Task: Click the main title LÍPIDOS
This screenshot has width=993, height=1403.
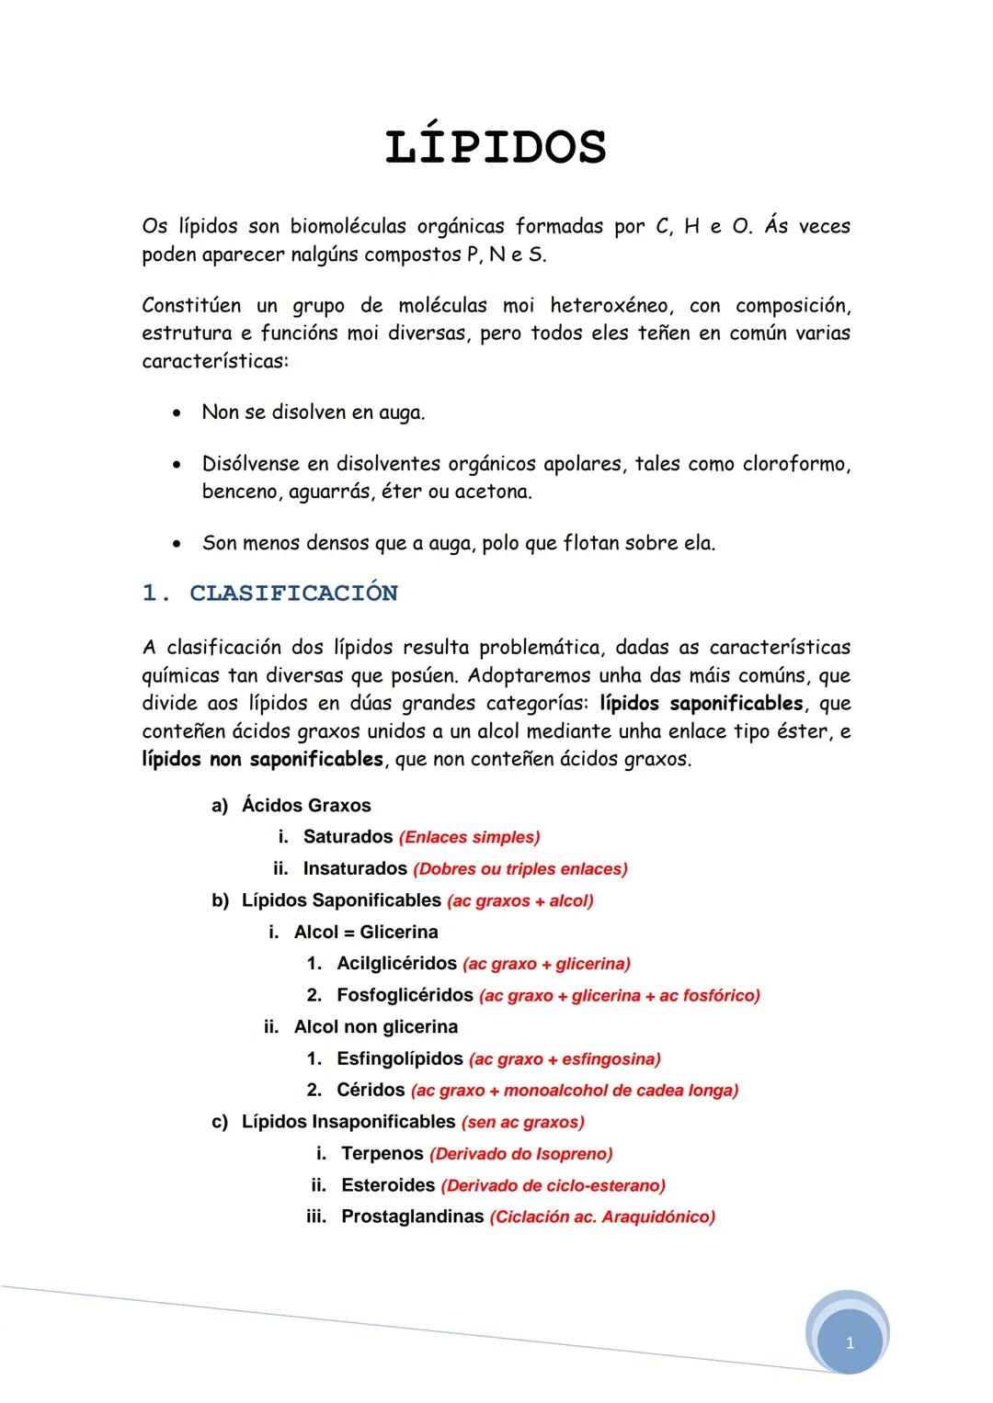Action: tap(496, 148)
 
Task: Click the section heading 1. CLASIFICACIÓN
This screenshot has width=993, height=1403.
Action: tap(269, 594)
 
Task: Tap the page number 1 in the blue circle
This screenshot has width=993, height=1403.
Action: tap(850, 1343)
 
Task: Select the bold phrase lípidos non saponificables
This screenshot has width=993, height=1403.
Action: tap(262, 760)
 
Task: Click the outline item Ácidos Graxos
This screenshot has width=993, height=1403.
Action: tap(306, 806)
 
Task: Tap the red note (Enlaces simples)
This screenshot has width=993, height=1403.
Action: tap(469, 838)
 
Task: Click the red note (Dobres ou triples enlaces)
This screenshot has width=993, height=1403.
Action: tap(520, 869)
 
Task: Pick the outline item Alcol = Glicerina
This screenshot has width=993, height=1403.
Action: tap(366, 933)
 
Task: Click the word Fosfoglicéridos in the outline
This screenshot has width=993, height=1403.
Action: tap(405, 995)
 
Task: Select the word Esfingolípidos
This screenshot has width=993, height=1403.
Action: tap(400, 1058)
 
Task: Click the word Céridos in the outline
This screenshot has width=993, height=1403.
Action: tap(371, 1090)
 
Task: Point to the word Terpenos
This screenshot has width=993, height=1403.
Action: tap(382, 1153)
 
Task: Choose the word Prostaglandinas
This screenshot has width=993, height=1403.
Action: tap(412, 1216)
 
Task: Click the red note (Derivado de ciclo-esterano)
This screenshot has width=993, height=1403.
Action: tap(553, 1186)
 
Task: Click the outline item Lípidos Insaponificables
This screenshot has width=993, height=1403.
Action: tap(348, 1122)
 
